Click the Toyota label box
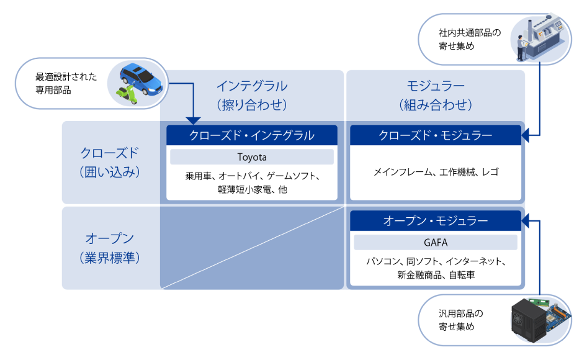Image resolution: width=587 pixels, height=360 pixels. pos(252,157)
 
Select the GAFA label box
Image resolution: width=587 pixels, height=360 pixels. pos(435,242)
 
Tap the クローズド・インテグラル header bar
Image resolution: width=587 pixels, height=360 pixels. pos(252,135)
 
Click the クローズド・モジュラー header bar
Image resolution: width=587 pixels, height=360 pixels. pos(436,135)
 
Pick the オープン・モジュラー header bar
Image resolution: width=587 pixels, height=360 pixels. pos(436,220)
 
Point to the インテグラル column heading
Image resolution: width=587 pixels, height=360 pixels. pos(252,95)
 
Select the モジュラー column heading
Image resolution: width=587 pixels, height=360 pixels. pos(436,95)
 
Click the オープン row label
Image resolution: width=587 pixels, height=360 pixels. pos(110,247)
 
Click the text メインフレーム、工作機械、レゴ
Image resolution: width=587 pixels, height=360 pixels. pos(436,172)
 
